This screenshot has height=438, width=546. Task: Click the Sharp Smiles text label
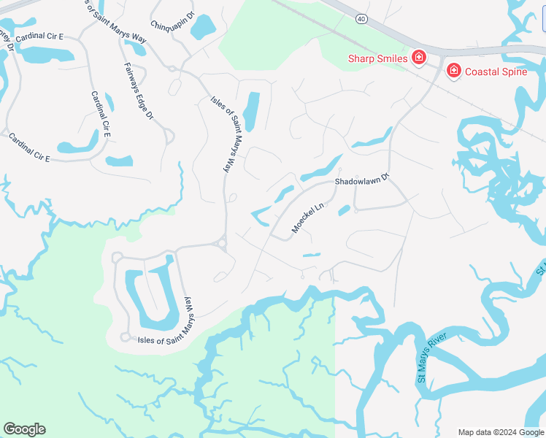pos(377,58)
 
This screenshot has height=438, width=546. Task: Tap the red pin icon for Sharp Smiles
pos(419,57)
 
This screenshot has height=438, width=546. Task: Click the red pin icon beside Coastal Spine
pos(454,70)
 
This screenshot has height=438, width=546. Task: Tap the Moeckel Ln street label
pos(307,218)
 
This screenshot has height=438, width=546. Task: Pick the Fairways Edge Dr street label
pos(139,91)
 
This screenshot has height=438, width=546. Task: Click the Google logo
pos(24,429)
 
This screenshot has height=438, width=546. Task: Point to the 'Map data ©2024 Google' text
pos(501,432)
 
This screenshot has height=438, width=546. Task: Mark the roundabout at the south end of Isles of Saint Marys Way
pos(220,244)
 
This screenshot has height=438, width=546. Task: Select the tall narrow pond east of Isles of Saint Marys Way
pos(251,110)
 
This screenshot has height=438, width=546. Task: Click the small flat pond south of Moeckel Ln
pos(312,255)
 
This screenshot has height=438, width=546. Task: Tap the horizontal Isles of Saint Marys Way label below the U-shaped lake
pos(166,339)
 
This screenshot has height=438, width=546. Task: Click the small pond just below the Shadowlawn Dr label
pos(345,210)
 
